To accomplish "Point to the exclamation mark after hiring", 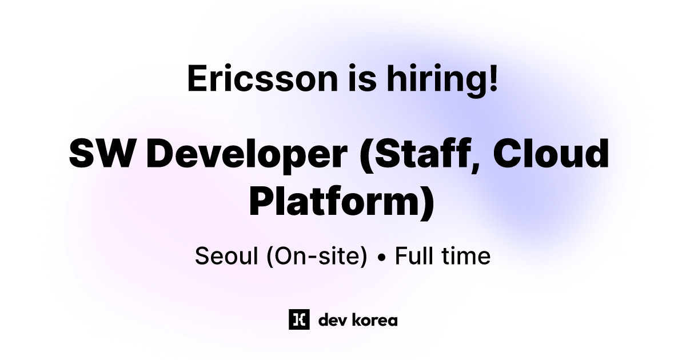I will pyautogui.click(x=492, y=78).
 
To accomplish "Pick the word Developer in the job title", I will pyautogui.click(x=249, y=153).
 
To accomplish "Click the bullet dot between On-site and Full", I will pyautogui.click(x=381, y=257).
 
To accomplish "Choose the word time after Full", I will pyautogui.click(x=464, y=256).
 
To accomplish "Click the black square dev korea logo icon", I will pyautogui.click(x=299, y=319).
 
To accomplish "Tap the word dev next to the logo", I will pyautogui.click(x=330, y=320).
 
